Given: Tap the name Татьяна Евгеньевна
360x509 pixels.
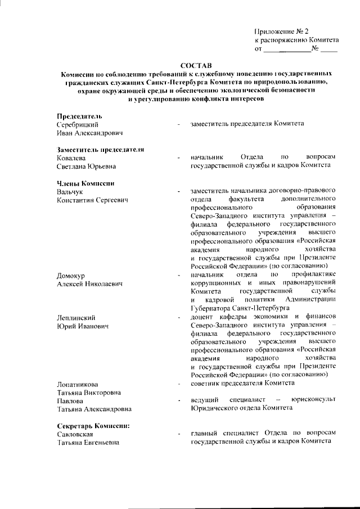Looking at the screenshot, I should coord(88,443).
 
